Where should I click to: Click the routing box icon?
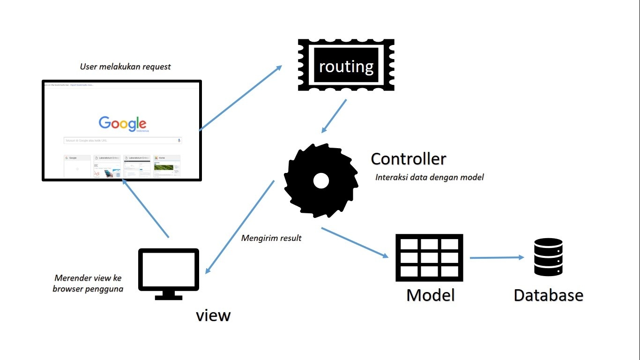tap(346, 65)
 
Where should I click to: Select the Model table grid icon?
tap(429, 257)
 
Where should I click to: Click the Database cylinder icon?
tap(548, 257)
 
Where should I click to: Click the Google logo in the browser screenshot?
tap(122, 123)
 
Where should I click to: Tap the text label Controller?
tap(408, 159)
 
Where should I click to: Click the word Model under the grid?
tap(430, 295)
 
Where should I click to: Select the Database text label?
tap(548, 295)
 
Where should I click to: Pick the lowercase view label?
tap(213, 315)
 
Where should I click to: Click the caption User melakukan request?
tap(125, 67)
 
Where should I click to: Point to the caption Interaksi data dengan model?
tap(429, 177)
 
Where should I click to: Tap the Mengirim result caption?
tap(271, 238)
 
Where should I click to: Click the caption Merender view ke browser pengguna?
tap(88, 283)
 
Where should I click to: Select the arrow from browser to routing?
tap(240, 98)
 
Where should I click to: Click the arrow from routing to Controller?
tap(334, 115)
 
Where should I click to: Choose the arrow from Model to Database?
tap(497, 257)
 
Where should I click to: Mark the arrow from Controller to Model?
tap(355, 242)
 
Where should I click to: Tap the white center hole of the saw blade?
tap(321, 180)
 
